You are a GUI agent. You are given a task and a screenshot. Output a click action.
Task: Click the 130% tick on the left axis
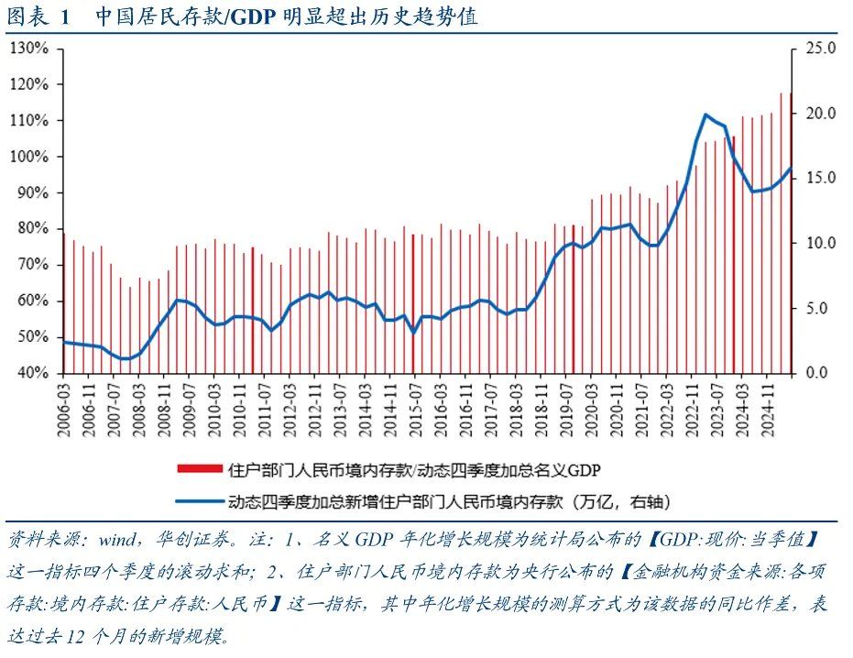pos(30,49)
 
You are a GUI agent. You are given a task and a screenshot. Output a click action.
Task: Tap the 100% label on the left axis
pos(30,157)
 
